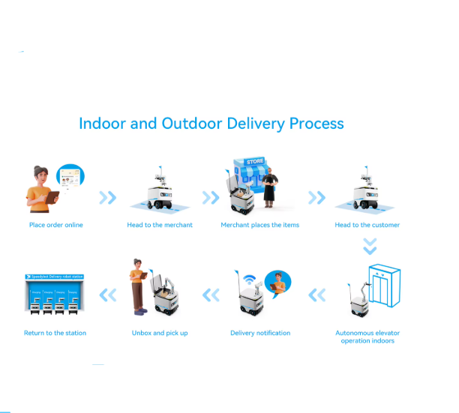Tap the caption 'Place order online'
pyautogui.click(x=56, y=225)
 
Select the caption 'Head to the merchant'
pyautogui.click(x=160, y=225)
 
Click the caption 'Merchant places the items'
pyautogui.click(x=259, y=225)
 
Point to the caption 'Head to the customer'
pyautogui.click(x=367, y=225)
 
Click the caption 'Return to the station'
pyautogui.click(x=55, y=333)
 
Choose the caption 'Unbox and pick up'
pyautogui.click(x=160, y=333)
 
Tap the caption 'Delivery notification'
pyautogui.click(x=260, y=333)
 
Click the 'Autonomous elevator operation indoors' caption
pyautogui.click(x=367, y=337)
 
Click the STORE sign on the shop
pyautogui.click(x=255, y=161)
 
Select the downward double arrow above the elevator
pyautogui.click(x=369, y=246)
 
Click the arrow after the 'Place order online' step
pyautogui.click(x=108, y=197)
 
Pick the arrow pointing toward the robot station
pyautogui.click(x=108, y=295)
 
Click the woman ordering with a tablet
pyautogui.click(x=41, y=187)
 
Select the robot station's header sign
pyautogui.click(x=55, y=277)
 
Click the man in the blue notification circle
pyautogui.click(x=279, y=283)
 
